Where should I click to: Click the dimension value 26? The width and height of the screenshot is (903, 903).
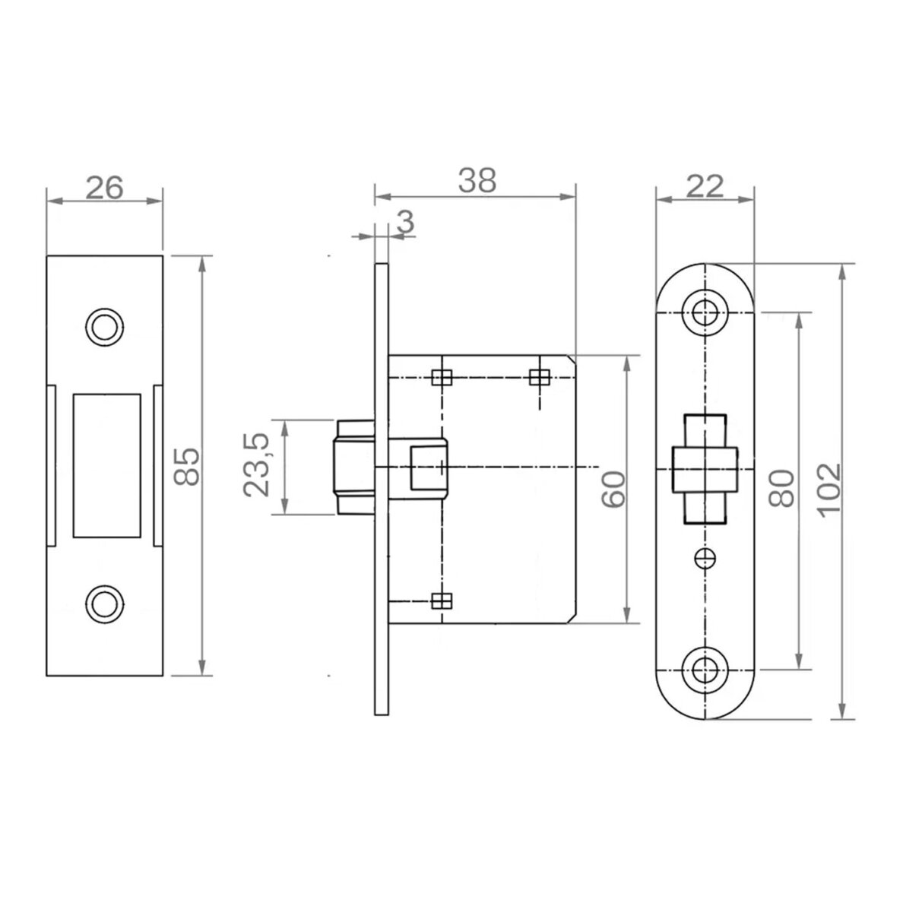(104, 188)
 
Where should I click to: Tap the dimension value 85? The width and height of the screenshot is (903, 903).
(187, 467)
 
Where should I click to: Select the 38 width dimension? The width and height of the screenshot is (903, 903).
(477, 180)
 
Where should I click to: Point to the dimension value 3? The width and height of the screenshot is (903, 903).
(406, 221)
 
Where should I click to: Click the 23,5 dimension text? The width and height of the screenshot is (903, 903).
(256, 464)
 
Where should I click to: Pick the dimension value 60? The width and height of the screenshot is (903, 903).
(613, 489)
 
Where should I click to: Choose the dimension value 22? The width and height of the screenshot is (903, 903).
(705, 186)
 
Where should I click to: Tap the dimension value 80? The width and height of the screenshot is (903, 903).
(781, 488)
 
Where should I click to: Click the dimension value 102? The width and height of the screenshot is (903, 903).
(830, 490)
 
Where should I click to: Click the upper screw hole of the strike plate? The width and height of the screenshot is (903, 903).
(104, 327)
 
